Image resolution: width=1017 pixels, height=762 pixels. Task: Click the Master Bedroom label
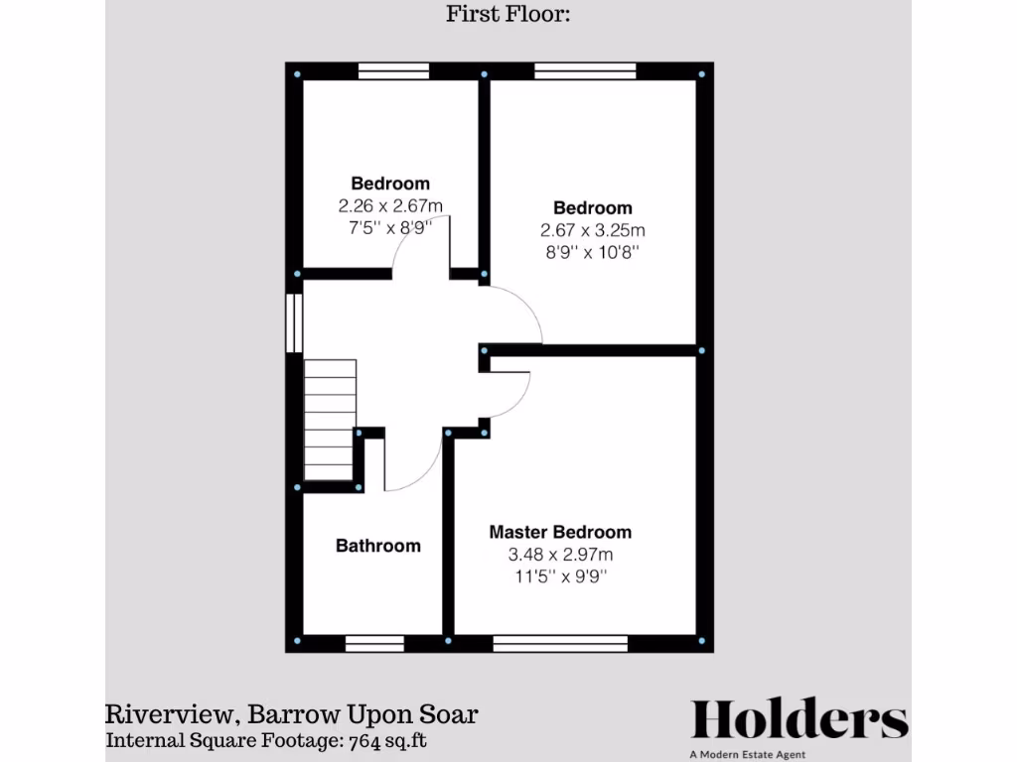pyautogui.click(x=560, y=533)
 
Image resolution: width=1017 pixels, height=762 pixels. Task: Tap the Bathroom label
pyautogui.click(x=377, y=546)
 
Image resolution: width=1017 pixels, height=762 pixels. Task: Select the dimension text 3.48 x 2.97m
pyautogui.click(x=560, y=555)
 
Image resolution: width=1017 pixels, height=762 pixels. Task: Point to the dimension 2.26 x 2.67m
pyautogui.click(x=390, y=205)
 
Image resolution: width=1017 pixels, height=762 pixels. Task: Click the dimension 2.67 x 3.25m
pyautogui.click(x=593, y=230)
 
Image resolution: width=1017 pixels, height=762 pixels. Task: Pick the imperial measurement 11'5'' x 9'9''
pyautogui.click(x=560, y=576)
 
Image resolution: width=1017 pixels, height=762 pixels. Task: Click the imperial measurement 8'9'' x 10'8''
pyautogui.click(x=593, y=252)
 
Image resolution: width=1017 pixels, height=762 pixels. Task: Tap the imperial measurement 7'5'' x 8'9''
pyautogui.click(x=390, y=227)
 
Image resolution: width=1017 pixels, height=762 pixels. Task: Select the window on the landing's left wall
pyautogui.click(x=294, y=321)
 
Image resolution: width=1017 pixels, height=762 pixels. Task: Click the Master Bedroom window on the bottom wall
pyautogui.click(x=560, y=644)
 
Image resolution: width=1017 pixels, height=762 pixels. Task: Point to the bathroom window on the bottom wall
pyautogui.click(x=374, y=644)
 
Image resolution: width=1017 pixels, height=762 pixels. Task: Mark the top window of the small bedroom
pyautogui.click(x=393, y=70)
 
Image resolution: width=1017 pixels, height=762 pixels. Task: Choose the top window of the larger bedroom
pyautogui.click(x=584, y=70)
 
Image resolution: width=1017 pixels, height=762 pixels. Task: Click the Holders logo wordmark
pyautogui.click(x=799, y=719)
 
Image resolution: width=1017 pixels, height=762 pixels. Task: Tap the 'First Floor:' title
pyautogui.click(x=508, y=14)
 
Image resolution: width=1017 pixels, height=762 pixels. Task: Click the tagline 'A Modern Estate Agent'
pyautogui.click(x=799, y=753)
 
